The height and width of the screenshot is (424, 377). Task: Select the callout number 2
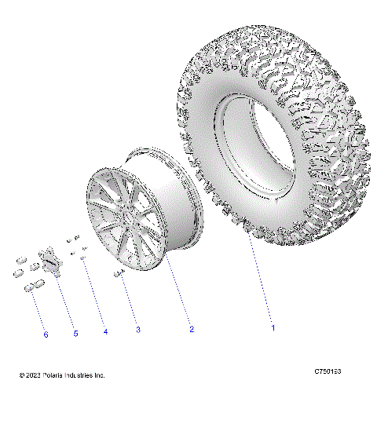[x=190, y=330]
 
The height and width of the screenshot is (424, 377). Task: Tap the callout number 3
[x=137, y=331]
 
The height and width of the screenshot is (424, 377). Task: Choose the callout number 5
[x=75, y=334]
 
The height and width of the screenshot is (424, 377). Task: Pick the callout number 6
[x=46, y=334]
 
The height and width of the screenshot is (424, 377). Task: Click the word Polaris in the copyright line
[x=55, y=375]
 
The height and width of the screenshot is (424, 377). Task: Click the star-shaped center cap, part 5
[x=53, y=261]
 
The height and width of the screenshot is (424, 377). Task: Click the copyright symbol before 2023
[x=22, y=375]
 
